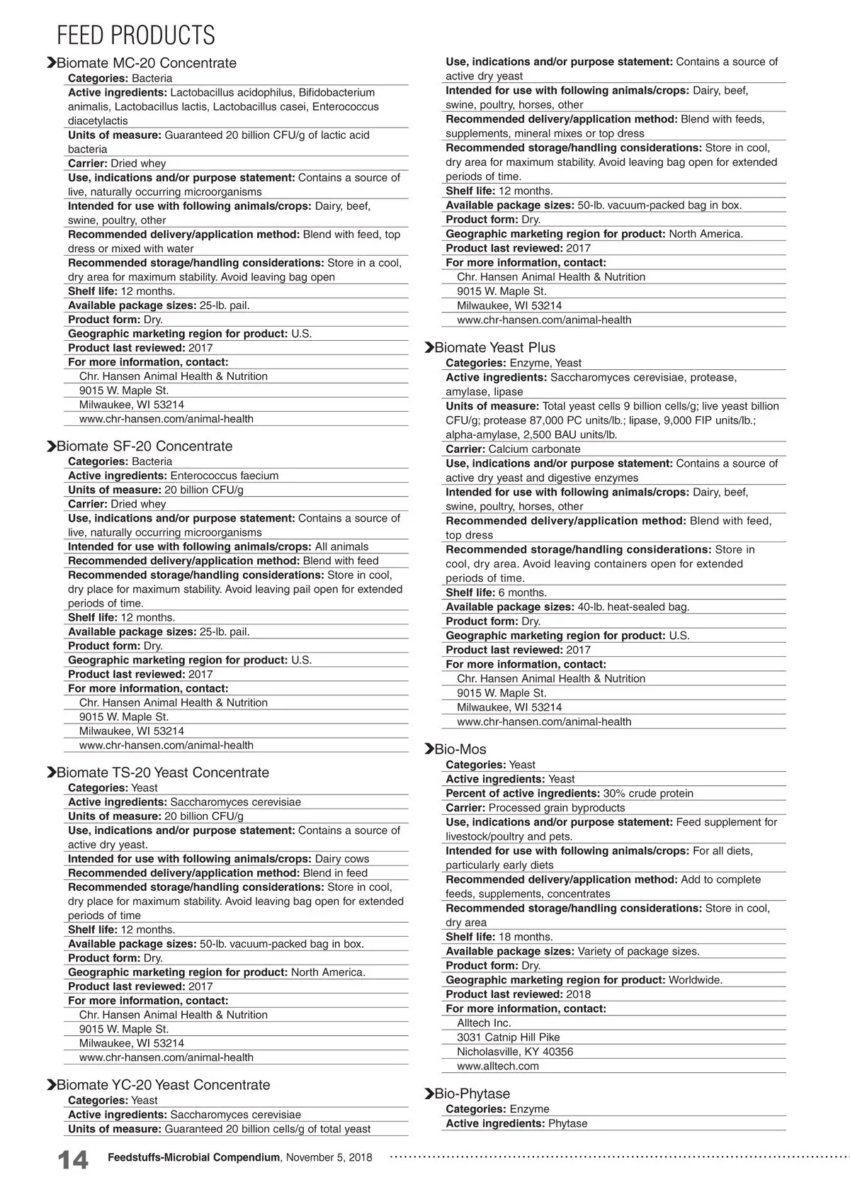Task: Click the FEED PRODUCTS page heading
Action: pos(135,35)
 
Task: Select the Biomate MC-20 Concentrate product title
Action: pos(146,63)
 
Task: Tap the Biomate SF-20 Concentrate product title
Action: pos(144,446)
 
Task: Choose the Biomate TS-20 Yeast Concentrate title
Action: pos(162,772)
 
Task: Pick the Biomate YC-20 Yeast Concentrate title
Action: pos(163,1085)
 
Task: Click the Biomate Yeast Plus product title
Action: pos(494,347)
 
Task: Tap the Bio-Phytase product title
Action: pos(472,1093)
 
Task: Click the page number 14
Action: pos(73,1161)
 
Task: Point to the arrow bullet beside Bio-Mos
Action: pos(429,749)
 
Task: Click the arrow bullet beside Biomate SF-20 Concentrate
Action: pos(51,446)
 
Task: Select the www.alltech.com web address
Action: pos(497,1066)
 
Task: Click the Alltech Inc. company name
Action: pos(484,1023)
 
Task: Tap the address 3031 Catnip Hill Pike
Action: pos(508,1037)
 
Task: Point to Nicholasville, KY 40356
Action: pos(515,1052)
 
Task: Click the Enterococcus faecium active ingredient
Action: pos(224,476)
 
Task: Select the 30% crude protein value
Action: pos(648,793)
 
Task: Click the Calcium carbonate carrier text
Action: pos(534,449)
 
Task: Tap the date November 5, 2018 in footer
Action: pos(329,1157)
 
